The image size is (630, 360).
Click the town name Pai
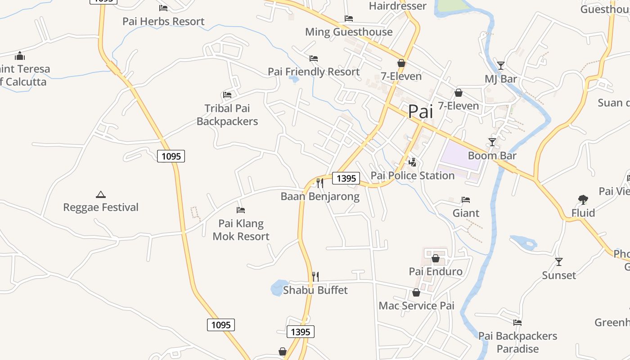point(421,112)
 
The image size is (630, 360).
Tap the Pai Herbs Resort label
point(163,21)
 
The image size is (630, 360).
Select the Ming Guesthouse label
point(349,32)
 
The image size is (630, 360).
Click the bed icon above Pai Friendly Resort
point(314,58)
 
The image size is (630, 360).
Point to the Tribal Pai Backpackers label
point(227,115)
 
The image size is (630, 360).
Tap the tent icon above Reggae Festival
point(101,194)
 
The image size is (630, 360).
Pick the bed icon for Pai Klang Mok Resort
point(241,210)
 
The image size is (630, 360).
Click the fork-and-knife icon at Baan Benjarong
point(320,183)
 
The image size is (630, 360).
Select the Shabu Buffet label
point(315,290)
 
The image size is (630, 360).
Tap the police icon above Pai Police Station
point(412,162)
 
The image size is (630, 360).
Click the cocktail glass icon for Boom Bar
point(492,142)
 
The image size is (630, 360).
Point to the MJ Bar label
point(501,79)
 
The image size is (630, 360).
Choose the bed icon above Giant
point(466,200)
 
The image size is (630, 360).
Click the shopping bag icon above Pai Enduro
point(435,258)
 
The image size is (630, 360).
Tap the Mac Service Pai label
point(416,306)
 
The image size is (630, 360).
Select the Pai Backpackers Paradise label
point(517,342)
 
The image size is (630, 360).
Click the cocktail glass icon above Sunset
point(559,261)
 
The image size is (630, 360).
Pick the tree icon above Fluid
point(583,199)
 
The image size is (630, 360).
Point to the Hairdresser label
point(397,6)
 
